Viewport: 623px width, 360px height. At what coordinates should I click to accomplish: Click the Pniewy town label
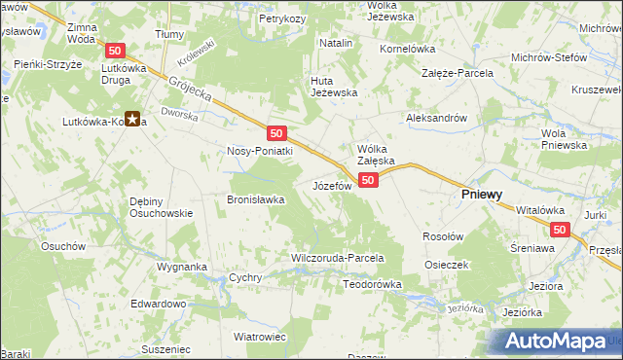pos(481,195)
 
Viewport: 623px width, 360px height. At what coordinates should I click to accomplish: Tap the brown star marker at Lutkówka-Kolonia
pos(133,121)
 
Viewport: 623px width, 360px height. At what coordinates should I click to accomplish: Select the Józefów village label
pos(331,185)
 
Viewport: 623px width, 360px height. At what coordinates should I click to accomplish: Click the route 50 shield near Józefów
pos(367,181)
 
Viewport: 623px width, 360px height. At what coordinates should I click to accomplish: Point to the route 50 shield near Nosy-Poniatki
pos(276,133)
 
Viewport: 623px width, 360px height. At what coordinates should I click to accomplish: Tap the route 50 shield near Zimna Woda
pos(116,50)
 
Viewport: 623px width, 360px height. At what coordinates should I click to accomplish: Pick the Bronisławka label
pos(255,199)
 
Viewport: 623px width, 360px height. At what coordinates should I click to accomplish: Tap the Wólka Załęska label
pos(375,154)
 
